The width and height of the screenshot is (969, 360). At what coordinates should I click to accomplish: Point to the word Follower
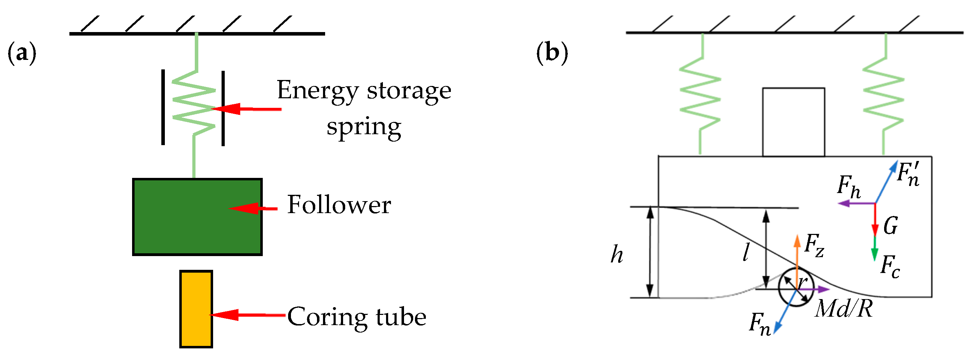(x=339, y=205)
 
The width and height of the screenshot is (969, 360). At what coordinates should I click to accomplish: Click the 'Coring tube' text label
(x=356, y=317)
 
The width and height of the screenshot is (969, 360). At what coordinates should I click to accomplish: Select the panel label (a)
(x=22, y=53)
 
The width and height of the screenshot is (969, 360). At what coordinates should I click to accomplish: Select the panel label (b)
(x=552, y=53)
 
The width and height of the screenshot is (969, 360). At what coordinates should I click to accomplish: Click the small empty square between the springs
(x=794, y=122)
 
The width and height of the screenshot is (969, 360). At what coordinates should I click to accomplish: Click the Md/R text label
(x=843, y=310)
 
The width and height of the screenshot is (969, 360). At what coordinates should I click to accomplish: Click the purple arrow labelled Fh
(x=856, y=204)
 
